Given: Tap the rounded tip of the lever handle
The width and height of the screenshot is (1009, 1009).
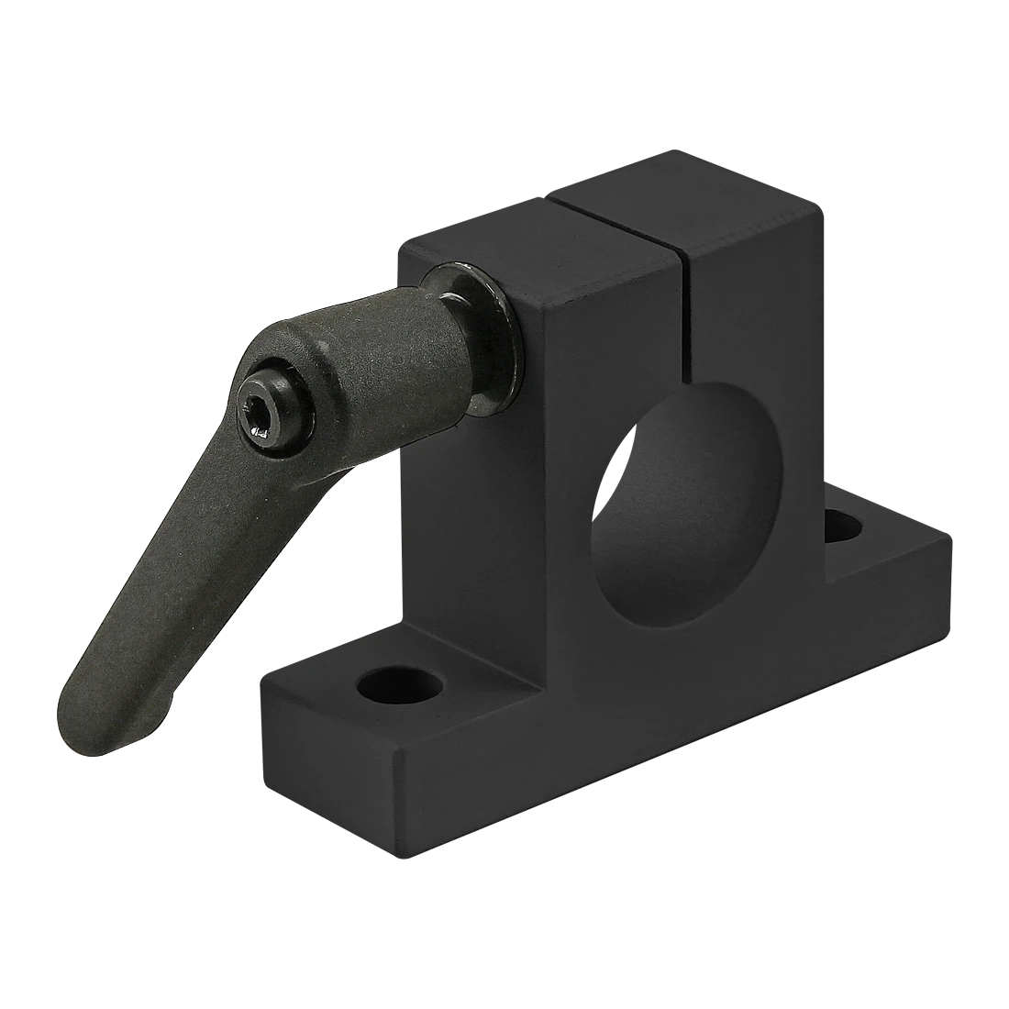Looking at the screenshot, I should (87, 725).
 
